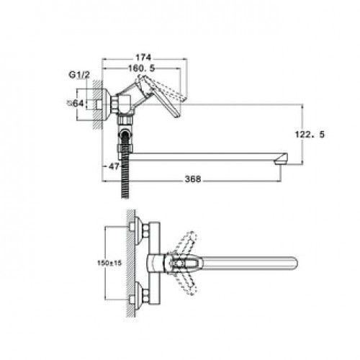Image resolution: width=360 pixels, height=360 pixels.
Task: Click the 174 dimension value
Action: tap(143, 58)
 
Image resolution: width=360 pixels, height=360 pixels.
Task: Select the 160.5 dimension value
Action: tap(141, 68)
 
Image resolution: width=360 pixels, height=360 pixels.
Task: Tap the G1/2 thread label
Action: tap(79, 75)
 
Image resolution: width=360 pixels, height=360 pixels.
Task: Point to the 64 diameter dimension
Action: tap(76, 104)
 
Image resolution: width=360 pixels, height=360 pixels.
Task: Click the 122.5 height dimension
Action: tap(310, 135)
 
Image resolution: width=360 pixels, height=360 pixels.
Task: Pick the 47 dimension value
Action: tap(114, 166)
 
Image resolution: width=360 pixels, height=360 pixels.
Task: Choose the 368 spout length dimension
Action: tap(193, 179)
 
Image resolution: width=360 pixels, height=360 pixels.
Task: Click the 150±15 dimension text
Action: tap(109, 263)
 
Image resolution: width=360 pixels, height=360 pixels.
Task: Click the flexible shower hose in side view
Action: tap(125, 166)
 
